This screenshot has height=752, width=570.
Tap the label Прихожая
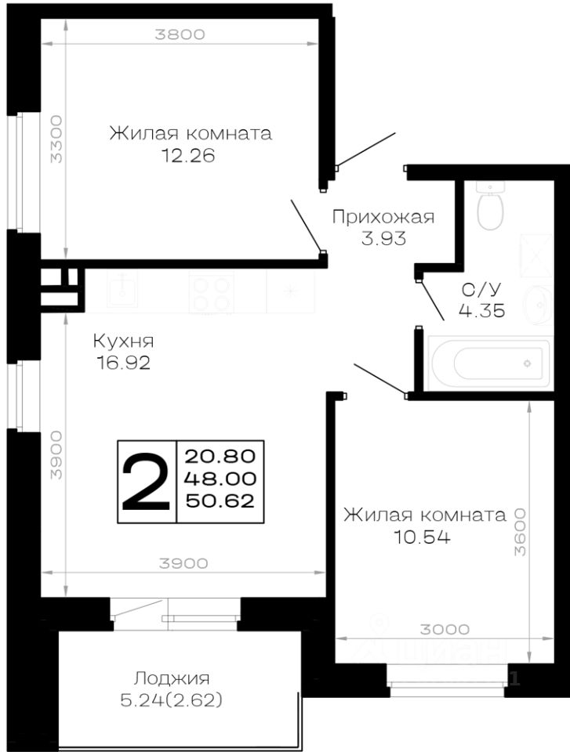[x=383, y=217]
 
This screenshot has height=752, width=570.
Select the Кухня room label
[x=123, y=342]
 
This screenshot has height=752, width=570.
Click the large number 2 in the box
[x=147, y=482]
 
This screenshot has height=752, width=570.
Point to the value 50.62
[x=220, y=502]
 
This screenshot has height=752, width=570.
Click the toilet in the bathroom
[x=492, y=210]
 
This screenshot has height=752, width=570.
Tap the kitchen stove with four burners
[x=211, y=293]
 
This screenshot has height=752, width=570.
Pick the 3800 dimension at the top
[x=180, y=34]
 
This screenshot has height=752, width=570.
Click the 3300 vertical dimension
[x=55, y=139]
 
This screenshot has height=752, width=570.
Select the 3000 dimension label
[x=445, y=629]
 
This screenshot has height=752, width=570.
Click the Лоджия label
[x=172, y=678]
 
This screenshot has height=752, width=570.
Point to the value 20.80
[x=220, y=455]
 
